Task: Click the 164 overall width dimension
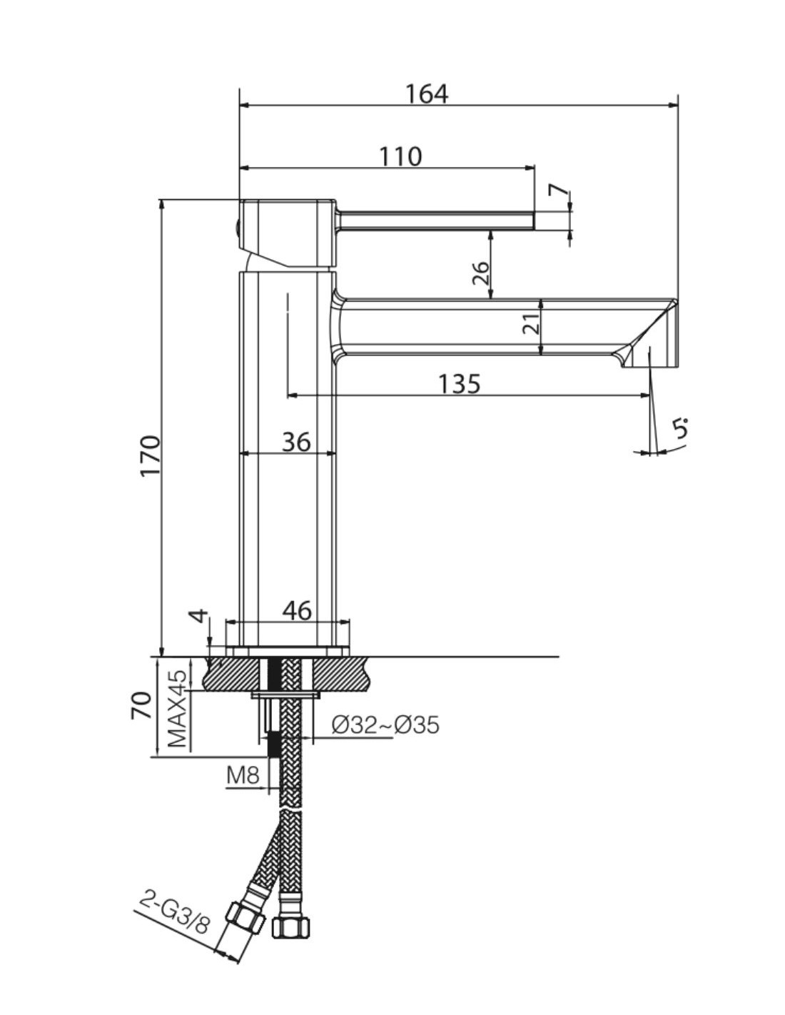[x=426, y=94]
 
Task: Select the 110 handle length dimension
[x=400, y=156]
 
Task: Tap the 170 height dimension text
[x=151, y=455]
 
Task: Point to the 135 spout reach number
[x=459, y=384]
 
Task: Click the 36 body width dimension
[x=296, y=441]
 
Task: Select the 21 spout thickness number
[x=531, y=323]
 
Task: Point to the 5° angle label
[x=682, y=428]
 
